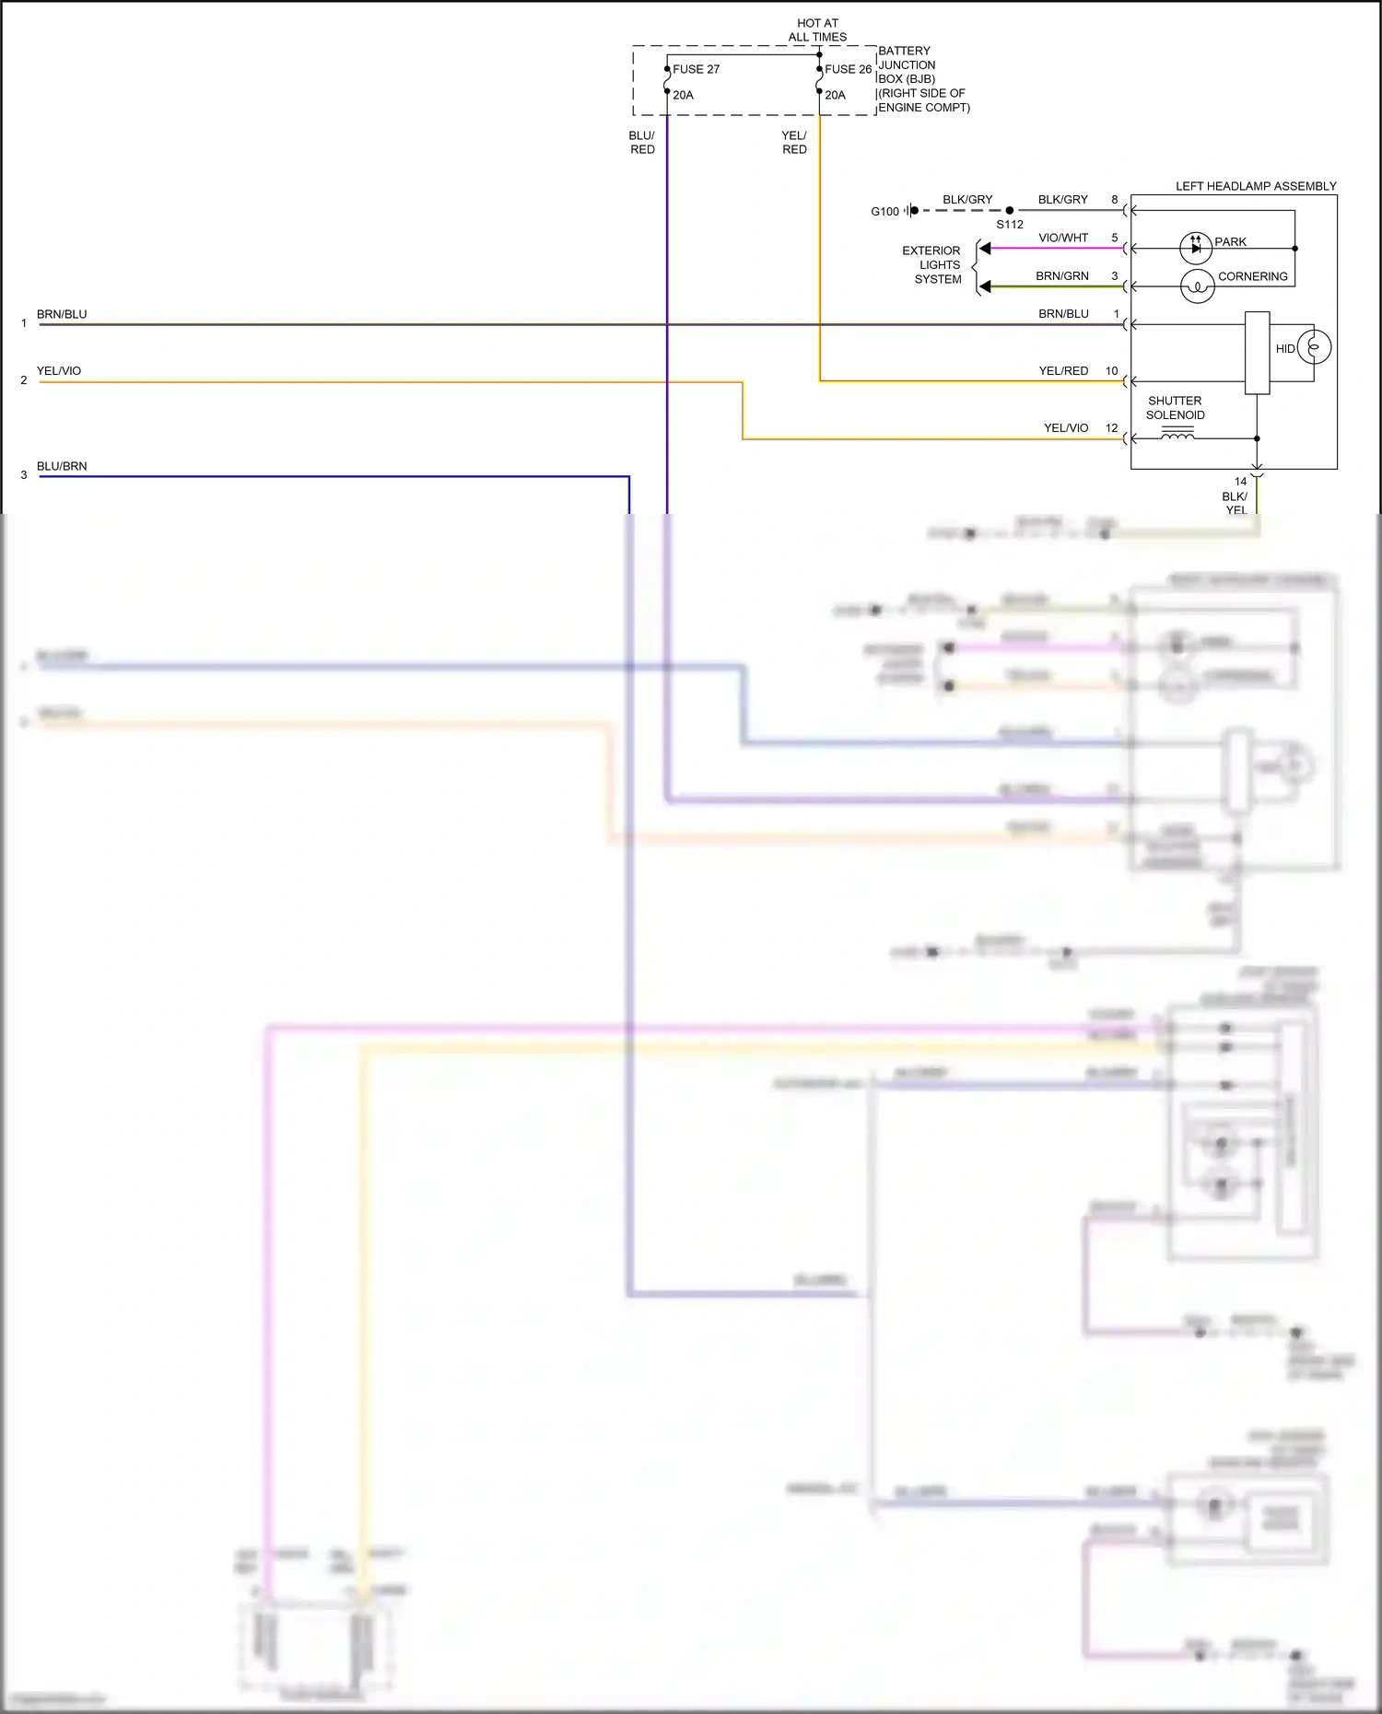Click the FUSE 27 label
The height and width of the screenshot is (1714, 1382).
coord(696,69)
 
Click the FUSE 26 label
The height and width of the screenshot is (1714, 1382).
coord(848,69)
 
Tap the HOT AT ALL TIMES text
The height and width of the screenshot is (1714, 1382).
coord(817,30)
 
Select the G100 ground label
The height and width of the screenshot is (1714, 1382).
coord(884,212)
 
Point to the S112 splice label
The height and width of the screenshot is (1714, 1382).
coord(1010,225)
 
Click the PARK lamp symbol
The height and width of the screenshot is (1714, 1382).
coord(1196,248)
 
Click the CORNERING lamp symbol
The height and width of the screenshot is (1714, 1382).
coord(1197,286)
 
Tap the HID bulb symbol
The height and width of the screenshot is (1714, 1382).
coord(1314,347)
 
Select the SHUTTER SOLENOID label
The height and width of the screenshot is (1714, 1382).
coord(1175,408)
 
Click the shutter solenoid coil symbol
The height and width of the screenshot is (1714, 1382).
coord(1177,436)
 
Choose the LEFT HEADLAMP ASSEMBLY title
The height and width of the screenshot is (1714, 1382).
coord(1255,186)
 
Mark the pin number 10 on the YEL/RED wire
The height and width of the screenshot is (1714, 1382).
coord(1111,371)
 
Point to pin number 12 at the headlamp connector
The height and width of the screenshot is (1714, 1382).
coord(1111,428)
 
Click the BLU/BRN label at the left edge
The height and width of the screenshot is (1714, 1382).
coord(62,466)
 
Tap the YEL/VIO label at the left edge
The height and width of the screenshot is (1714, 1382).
coord(59,371)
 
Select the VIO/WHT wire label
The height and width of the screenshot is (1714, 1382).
coord(1063,238)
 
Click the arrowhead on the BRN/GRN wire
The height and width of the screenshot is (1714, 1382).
coord(985,286)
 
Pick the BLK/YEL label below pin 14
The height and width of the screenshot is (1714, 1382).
coord(1236,503)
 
